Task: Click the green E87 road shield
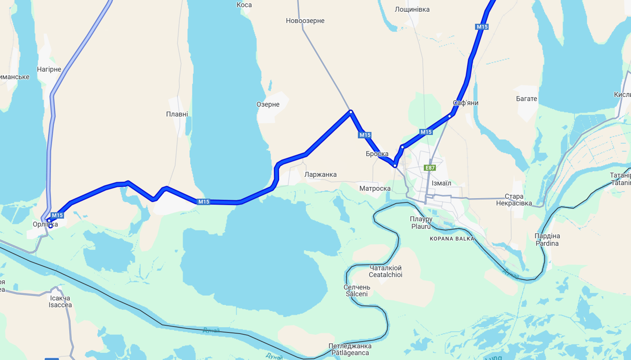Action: tap(430, 168)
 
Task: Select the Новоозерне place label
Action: tap(305, 21)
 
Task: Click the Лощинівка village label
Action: tap(412, 9)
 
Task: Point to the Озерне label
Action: tap(268, 104)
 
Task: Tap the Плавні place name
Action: tap(177, 114)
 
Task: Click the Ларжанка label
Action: tap(320, 174)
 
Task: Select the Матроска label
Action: tap(375, 188)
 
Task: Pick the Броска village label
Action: tap(377, 154)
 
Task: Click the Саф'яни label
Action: tap(466, 103)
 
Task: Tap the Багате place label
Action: tap(526, 99)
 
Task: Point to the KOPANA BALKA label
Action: tap(452, 239)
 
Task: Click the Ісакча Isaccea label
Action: tap(60, 301)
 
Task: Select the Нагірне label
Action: tap(49, 69)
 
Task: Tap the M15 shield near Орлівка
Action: tap(57, 215)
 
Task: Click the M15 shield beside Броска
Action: tap(365, 135)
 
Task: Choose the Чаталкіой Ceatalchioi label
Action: tap(386, 271)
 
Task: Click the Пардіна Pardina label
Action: tap(547, 240)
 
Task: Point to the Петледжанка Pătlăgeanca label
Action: tap(349, 349)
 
